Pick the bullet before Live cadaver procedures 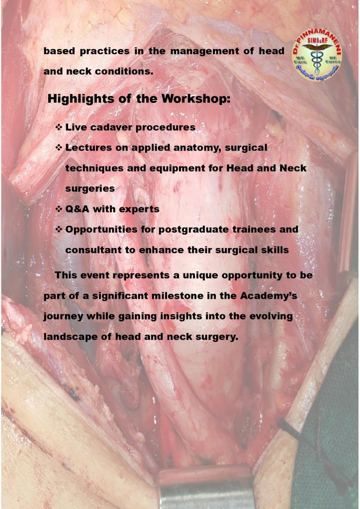coord(59,127)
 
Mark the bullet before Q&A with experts coord(59,209)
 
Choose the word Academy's coord(269,296)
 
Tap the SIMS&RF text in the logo coord(317,40)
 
